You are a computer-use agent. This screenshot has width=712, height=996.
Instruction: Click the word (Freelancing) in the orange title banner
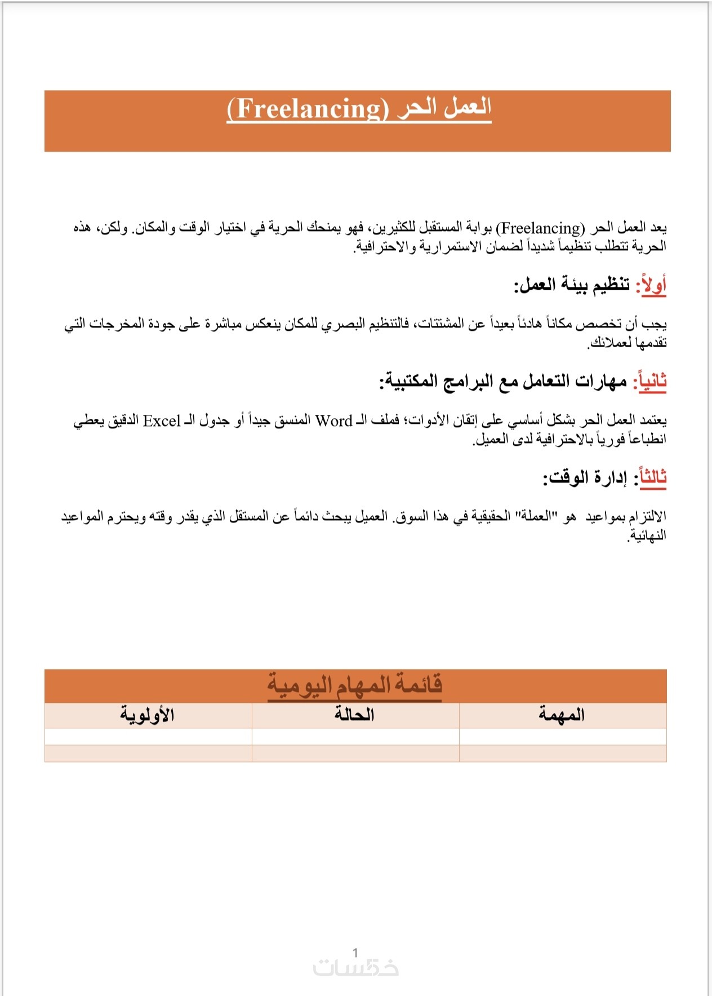[308, 109]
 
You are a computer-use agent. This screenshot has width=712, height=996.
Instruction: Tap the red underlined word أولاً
[651, 285]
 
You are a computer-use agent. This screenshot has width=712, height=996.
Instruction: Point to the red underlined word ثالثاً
[650, 477]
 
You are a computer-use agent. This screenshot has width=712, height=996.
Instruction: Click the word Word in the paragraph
[333, 420]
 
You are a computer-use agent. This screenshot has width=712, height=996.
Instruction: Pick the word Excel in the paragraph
[162, 420]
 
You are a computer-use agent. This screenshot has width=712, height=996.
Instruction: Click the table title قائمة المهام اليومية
[354, 685]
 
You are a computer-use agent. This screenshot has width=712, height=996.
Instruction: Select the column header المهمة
[562, 715]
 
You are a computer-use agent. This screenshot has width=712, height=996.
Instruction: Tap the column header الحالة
[354, 715]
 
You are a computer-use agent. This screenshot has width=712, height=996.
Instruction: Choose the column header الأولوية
[147, 715]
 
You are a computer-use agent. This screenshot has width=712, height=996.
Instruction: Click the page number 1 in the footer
[355, 953]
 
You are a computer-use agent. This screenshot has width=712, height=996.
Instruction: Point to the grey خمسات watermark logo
[356, 968]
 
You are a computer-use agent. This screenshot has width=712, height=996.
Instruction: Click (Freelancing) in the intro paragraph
[540, 228]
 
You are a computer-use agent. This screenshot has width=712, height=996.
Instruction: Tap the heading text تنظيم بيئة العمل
[572, 285]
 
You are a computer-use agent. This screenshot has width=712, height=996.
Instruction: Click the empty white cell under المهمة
[562, 736]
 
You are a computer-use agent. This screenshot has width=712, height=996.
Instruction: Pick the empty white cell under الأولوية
[148, 736]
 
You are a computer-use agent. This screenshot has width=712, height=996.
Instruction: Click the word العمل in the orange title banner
[467, 107]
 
